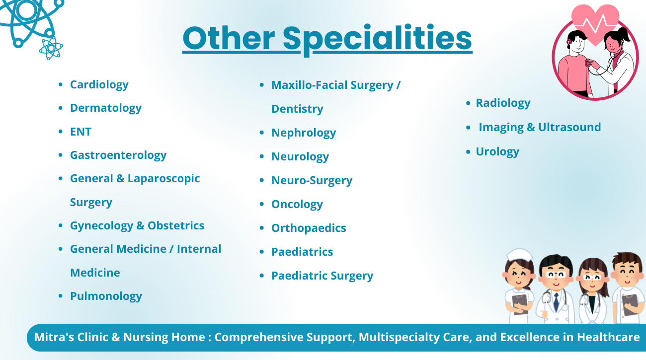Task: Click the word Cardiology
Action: (x=99, y=85)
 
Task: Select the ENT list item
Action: (x=81, y=132)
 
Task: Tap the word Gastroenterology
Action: (x=118, y=155)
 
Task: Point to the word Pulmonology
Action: (x=106, y=296)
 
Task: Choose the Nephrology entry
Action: (x=304, y=133)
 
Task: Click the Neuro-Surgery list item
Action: (x=312, y=180)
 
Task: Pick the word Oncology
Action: (x=297, y=205)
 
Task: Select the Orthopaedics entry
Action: (x=309, y=228)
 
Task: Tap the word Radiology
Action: (x=503, y=103)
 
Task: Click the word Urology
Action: (x=497, y=152)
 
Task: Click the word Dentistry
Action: (x=297, y=109)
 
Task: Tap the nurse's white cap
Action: (x=520, y=255)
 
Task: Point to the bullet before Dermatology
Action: (x=60, y=108)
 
